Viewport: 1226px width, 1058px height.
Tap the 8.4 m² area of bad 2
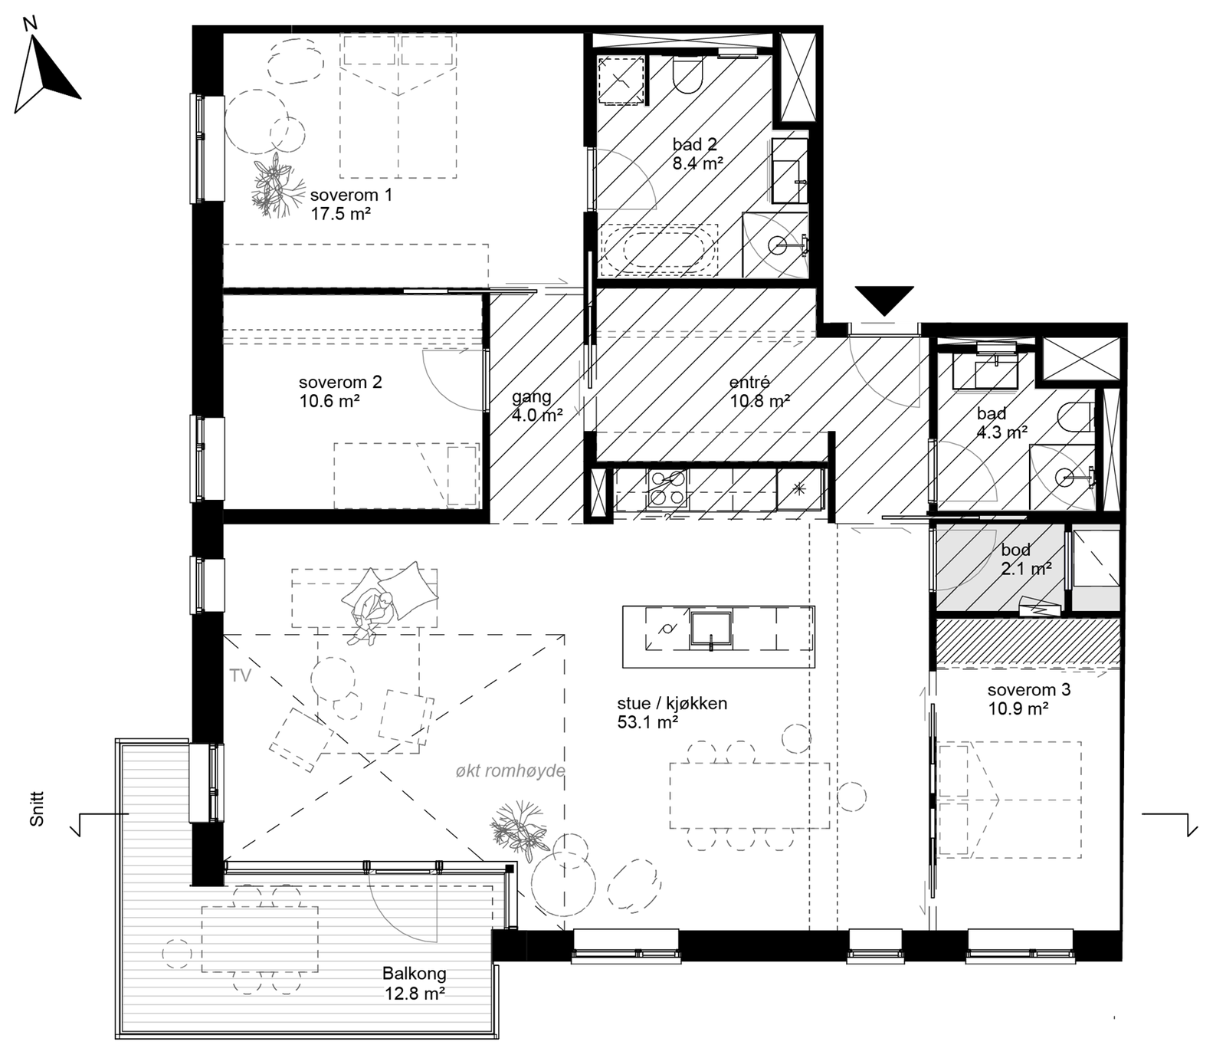pyautogui.click(x=698, y=163)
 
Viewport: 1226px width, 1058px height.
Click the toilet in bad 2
pyautogui.click(x=687, y=77)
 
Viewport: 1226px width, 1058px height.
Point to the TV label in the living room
pyautogui.click(x=241, y=676)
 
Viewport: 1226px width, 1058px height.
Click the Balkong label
pyautogui.click(x=414, y=974)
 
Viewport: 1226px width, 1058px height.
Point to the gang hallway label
pyautogui.click(x=531, y=397)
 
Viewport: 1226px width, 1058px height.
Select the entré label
pyautogui.click(x=749, y=382)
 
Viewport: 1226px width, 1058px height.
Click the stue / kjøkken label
pyautogui.click(x=671, y=703)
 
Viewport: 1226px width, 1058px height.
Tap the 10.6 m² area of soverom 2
pyautogui.click(x=329, y=400)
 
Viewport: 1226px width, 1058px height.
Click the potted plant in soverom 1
pyautogui.click(x=272, y=184)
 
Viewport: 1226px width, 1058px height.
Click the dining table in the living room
pyautogui.click(x=749, y=795)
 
